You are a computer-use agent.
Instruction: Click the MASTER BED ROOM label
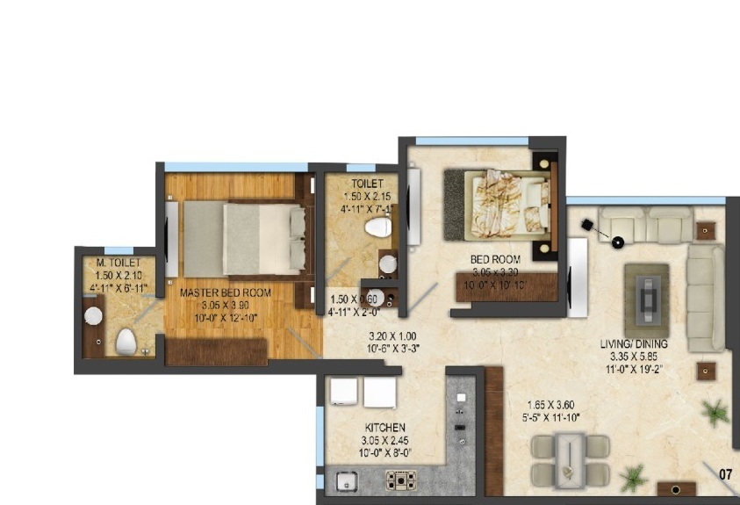pos(225,292)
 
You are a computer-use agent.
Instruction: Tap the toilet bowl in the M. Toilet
pos(126,342)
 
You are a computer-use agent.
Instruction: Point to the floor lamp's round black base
pos(618,242)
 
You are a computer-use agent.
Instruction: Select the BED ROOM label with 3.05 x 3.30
pos(495,259)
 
